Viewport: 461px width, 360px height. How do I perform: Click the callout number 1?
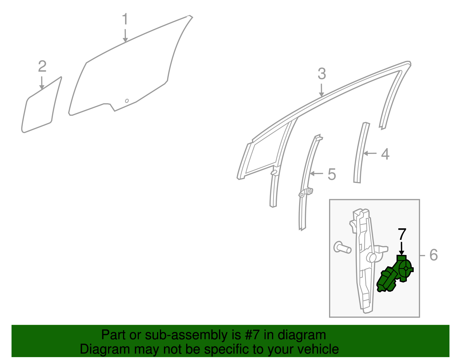[x=125, y=19]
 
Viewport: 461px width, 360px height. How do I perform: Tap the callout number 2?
[x=42, y=66]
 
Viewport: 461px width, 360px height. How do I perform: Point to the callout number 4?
[x=385, y=154]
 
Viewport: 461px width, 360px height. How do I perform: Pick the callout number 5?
[x=332, y=174]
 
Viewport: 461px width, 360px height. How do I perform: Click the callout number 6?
[x=434, y=255]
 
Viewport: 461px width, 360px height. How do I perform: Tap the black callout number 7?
[x=402, y=234]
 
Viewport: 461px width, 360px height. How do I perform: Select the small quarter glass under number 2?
[x=41, y=105]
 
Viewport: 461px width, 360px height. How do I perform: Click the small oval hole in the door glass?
[x=127, y=101]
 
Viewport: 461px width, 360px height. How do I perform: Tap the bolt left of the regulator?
[x=342, y=247]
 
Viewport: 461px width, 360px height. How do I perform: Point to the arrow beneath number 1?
[x=125, y=35]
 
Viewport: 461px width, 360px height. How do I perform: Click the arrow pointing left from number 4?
[x=370, y=153]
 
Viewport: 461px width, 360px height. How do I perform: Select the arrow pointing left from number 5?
[x=316, y=174]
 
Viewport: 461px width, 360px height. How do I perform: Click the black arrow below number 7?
[x=401, y=248]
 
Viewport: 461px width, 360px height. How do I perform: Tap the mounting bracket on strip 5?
[x=305, y=193]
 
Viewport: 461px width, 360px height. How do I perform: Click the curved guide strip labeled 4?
[x=362, y=152]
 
